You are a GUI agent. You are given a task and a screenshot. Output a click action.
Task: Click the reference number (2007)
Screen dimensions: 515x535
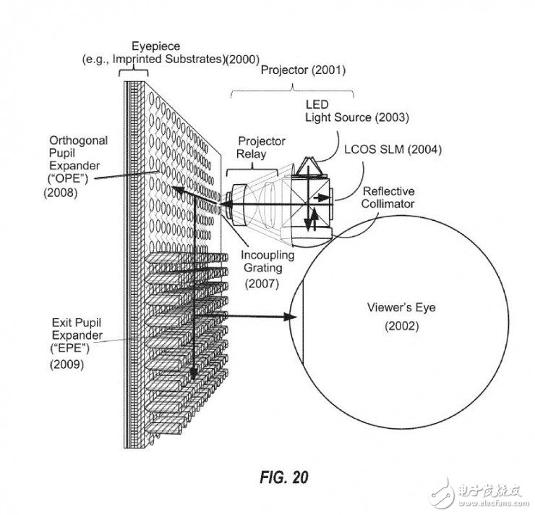pos(261,284)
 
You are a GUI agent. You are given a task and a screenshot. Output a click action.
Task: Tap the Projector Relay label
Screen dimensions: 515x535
pos(261,147)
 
